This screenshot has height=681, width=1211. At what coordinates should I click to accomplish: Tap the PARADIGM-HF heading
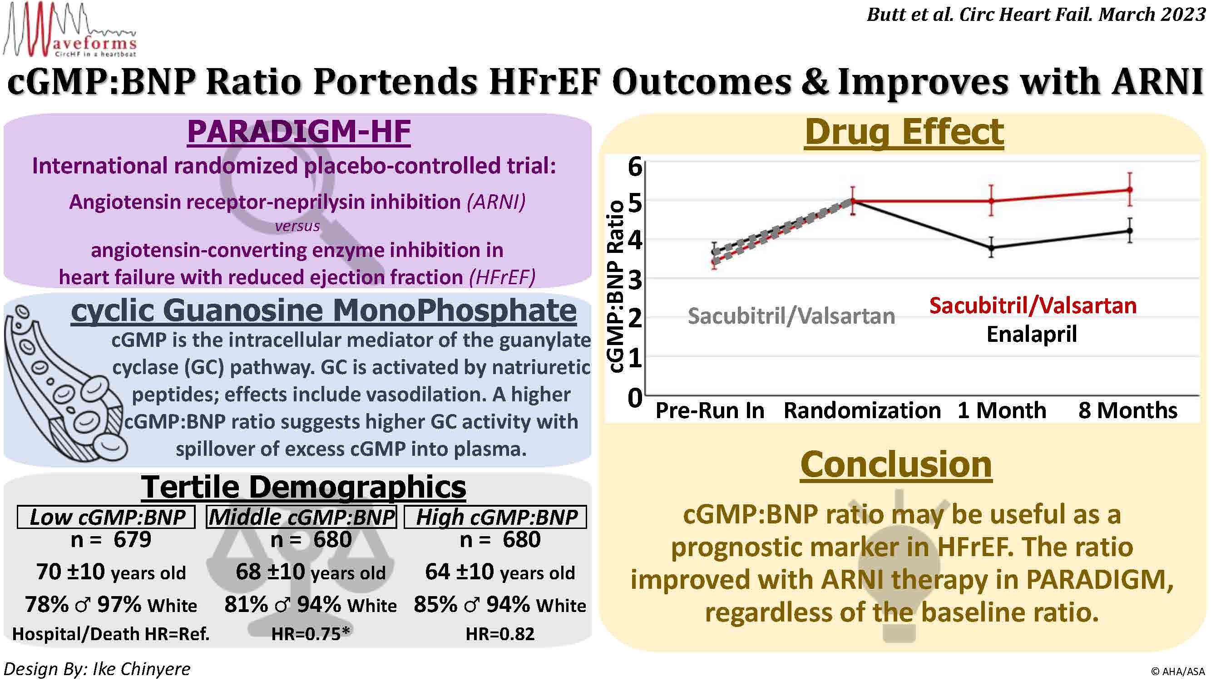[x=299, y=132]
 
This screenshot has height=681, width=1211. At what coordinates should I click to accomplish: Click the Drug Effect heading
[x=904, y=133]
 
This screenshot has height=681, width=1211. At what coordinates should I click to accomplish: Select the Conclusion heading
[x=896, y=465]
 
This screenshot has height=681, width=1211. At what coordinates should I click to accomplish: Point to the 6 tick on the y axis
[x=635, y=166]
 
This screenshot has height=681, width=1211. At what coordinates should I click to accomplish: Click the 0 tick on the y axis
[x=635, y=398]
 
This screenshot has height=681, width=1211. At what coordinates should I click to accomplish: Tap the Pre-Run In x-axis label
[x=710, y=411]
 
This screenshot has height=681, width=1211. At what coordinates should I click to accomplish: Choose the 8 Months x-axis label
[x=1127, y=411]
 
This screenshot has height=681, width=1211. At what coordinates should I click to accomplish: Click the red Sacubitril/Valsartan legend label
[x=1033, y=306]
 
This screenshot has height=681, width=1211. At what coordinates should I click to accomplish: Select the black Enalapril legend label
[x=1032, y=335]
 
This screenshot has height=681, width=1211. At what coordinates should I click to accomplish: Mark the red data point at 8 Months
[x=1130, y=190]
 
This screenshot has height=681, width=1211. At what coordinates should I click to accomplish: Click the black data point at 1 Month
[x=991, y=247]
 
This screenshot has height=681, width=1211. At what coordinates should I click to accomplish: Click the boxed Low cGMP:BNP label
[x=107, y=517]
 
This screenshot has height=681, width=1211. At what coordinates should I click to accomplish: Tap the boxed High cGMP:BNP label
[x=495, y=517]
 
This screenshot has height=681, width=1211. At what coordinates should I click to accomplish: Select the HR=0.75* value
[x=311, y=634]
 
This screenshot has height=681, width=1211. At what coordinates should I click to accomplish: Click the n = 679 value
[x=111, y=539]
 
